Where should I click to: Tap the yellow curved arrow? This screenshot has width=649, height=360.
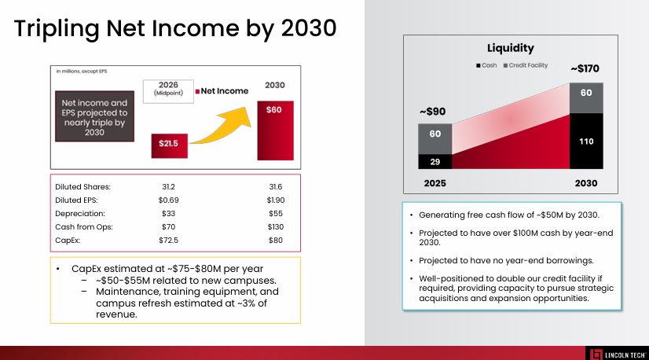222,126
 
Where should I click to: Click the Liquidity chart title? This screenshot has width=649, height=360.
510,49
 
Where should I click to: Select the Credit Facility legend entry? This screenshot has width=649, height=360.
526,65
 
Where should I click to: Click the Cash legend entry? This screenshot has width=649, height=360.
486,65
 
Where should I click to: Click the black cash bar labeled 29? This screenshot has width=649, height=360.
434,160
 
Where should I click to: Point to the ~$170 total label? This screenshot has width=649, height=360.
585,68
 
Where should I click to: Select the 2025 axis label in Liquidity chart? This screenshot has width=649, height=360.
434,183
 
